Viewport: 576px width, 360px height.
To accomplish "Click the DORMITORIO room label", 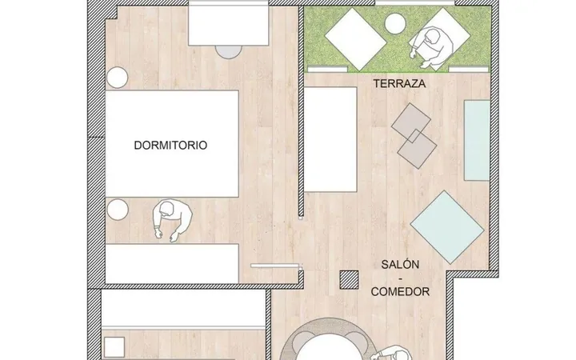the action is tap(170, 146).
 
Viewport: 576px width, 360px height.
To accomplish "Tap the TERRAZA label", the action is tap(400, 84).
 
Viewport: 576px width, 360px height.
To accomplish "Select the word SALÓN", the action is tap(400, 265).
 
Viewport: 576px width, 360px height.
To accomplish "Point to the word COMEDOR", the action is tap(400, 292).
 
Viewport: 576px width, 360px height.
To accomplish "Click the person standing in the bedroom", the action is tap(172, 221).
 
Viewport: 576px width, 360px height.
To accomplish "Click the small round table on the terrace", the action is tap(395, 22).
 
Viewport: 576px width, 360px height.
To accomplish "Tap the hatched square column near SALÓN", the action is tap(349, 280).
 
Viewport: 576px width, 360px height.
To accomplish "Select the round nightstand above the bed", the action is tap(117, 78).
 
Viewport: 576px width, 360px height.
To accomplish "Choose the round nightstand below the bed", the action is tap(118, 210).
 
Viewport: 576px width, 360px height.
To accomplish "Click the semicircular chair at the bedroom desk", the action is tap(229, 52).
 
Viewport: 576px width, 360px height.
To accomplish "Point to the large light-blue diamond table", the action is tap(447, 227).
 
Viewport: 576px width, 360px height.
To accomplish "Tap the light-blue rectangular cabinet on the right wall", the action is tap(477, 140).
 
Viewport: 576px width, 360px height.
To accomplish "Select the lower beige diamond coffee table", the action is tap(417, 149).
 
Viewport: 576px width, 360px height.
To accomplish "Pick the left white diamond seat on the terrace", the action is tap(355, 39).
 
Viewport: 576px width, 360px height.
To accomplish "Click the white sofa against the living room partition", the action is tap(330, 139).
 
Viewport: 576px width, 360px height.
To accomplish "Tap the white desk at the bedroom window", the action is tap(229, 26).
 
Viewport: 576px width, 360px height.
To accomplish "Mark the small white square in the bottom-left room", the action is tap(114, 346).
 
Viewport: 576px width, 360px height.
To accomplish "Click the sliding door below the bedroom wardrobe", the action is tap(275, 266).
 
